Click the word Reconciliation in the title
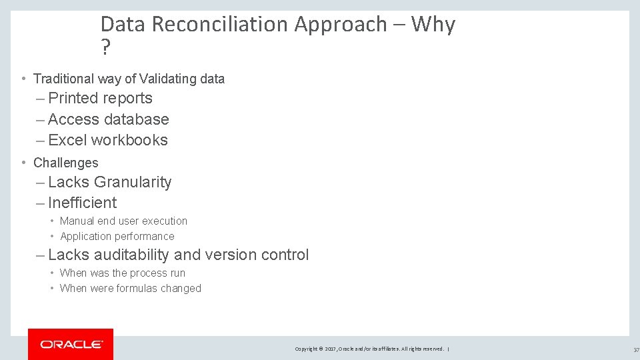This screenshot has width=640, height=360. tap(223, 25)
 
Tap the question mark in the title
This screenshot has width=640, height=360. tap(105, 48)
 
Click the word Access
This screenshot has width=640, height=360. tap(71, 119)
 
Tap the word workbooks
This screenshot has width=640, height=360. tap(129, 140)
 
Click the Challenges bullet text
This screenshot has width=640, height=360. tap(65, 163)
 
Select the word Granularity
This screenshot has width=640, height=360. tap(133, 182)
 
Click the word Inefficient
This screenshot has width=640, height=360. tap(82, 203)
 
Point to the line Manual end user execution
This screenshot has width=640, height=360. tap(123, 221)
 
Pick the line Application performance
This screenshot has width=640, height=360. tap(117, 236)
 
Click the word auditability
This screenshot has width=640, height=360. tap(131, 255)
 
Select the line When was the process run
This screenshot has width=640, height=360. tap(122, 273)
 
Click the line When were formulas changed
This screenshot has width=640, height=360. tap(130, 288)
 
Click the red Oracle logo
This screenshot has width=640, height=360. tap(71, 344)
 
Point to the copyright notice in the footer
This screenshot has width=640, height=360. tap(370, 349)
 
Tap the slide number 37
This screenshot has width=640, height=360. tap(636, 349)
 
